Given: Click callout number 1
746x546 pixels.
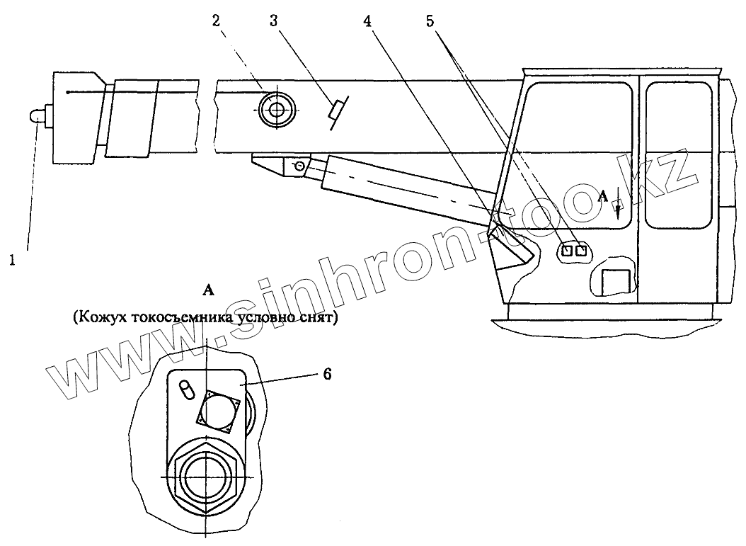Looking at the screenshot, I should click(11, 261).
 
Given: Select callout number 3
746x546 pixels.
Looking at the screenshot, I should click(274, 21).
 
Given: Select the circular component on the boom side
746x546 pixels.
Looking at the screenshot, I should click(276, 110).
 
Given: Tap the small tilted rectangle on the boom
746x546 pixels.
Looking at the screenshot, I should click(336, 110).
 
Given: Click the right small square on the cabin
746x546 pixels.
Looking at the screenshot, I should click(582, 249).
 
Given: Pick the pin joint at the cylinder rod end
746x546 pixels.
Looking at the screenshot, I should click(300, 166).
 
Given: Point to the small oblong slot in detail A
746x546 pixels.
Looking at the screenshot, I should click(186, 390).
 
